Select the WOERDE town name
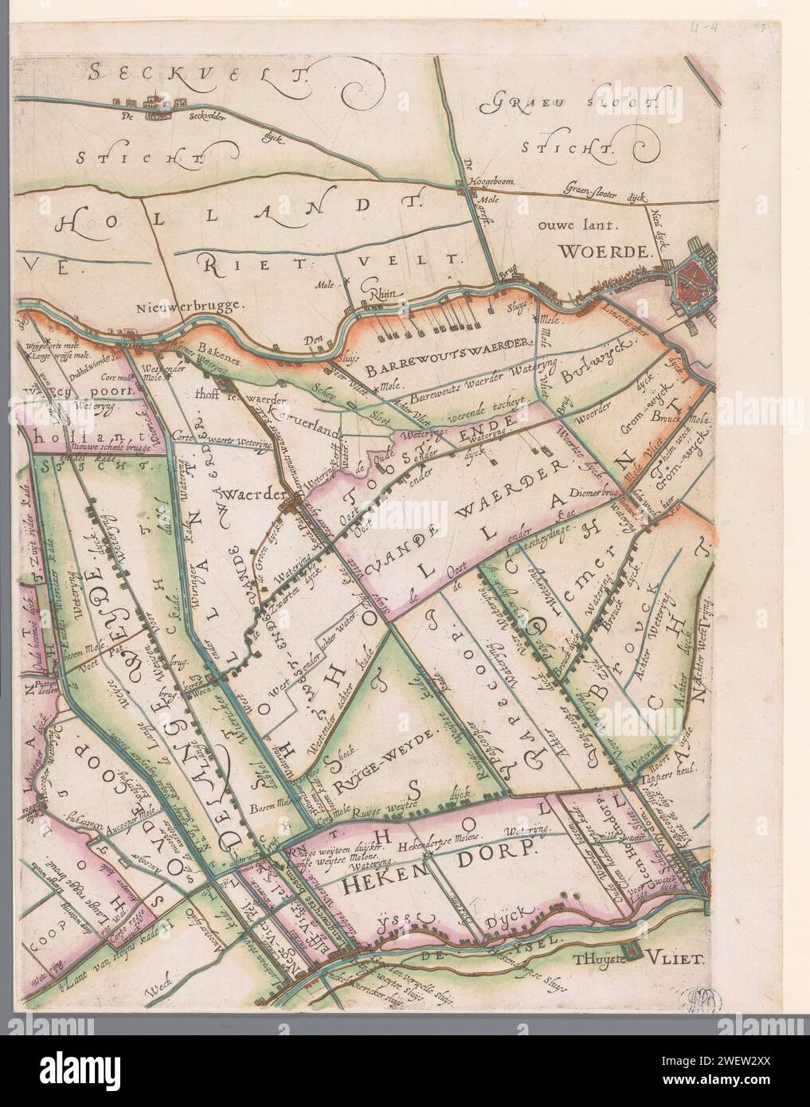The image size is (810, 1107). pos(605,252)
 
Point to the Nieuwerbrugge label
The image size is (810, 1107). pos(177,304)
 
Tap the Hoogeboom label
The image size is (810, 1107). pos(495,182)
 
